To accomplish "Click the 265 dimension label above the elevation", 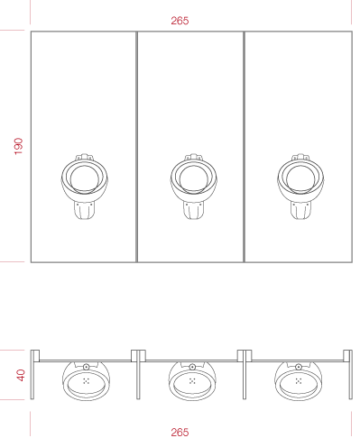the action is click(180, 21).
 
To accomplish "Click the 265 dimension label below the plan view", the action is click(180, 433).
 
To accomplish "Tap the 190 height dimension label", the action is click(18, 146).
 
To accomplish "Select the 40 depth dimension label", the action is click(21, 375).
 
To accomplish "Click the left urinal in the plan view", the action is click(86, 381).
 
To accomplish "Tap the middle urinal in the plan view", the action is click(192, 381).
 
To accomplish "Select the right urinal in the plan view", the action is click(299, 381).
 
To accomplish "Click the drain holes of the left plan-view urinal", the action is click(86, 381).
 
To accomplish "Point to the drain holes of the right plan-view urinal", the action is click(299, 381).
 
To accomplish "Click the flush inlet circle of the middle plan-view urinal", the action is click(192, 367).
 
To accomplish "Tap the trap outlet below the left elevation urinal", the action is click(84, 210).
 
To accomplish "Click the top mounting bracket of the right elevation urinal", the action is click(300, 157).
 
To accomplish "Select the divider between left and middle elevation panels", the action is click(137, 147).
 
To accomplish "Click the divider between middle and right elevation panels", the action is click(244, 147).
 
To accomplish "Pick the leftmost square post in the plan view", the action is click(35, 356).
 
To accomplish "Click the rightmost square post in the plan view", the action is click(347, 356).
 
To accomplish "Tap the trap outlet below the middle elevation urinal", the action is click(193, 210).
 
